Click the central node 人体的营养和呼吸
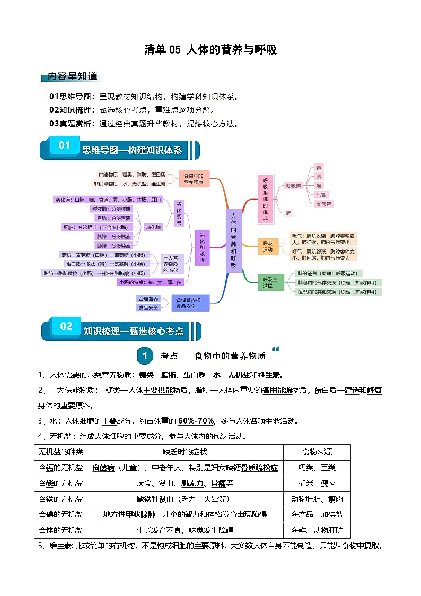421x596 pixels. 234,240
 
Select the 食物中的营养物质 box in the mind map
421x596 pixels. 194,179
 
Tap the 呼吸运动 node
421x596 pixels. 268,246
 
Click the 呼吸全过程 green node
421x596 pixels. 267,282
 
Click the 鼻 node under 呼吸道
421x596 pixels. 318,167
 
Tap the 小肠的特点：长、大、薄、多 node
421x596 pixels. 151,282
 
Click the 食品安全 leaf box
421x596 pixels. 148,307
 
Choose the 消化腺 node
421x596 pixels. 154,227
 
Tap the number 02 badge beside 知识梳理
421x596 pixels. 66,326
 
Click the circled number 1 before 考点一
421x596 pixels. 144,356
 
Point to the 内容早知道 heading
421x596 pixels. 72,76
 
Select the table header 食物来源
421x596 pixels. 317,452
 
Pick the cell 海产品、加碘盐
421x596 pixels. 317,514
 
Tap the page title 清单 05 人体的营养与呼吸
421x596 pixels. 210,50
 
